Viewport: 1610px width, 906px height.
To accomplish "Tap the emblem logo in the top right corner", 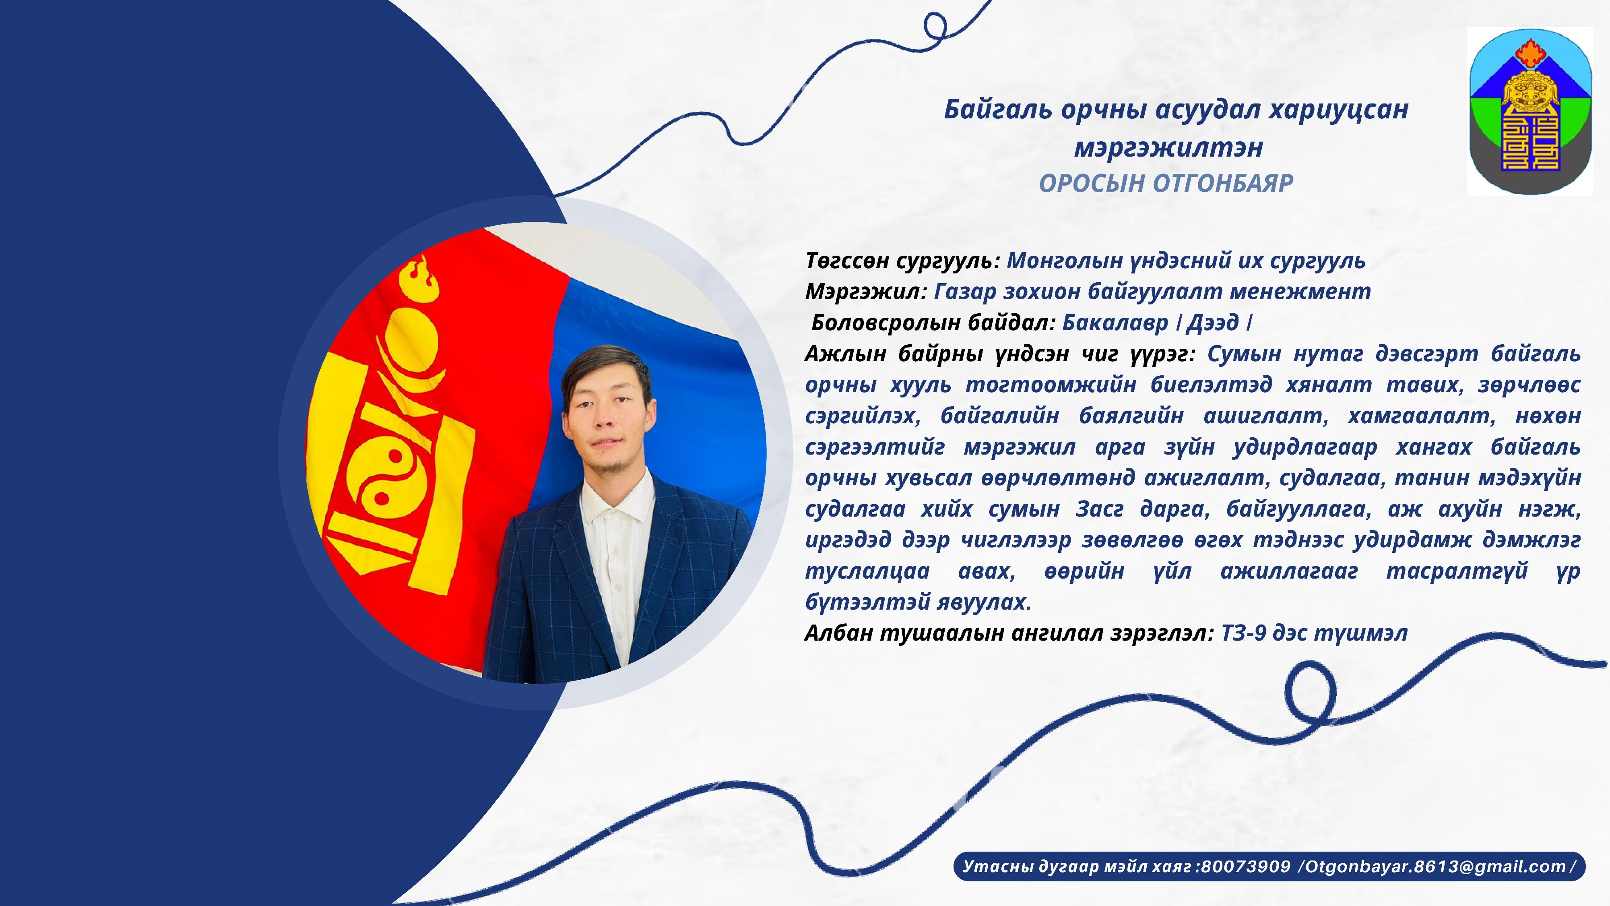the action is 1530,111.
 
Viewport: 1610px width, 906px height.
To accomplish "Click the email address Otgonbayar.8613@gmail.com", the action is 1436,866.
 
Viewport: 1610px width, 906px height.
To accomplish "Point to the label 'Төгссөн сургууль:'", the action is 902,261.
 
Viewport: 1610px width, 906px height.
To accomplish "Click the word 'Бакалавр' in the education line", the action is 1115,323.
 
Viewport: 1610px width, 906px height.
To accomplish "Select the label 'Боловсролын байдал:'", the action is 933,323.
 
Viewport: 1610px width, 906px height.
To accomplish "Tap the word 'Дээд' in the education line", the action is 1212,323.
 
